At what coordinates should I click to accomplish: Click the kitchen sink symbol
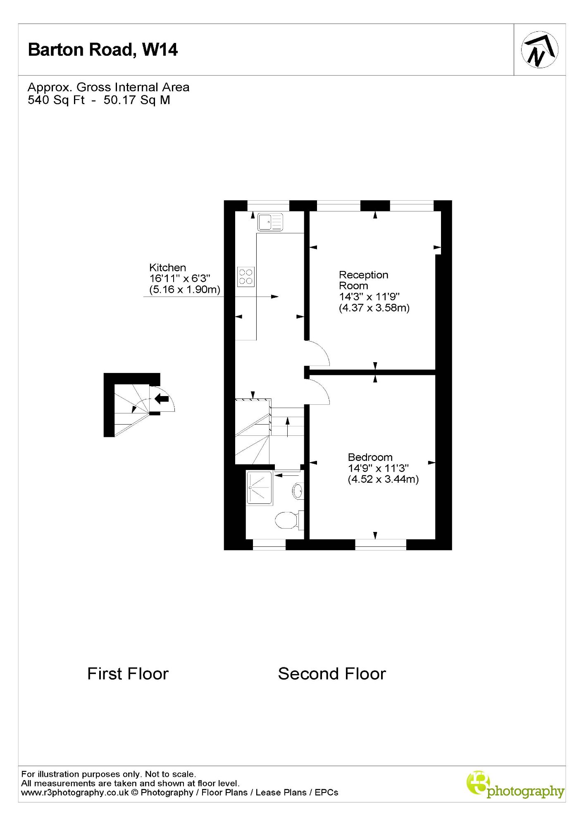pyautogui.click(x=270, y=222)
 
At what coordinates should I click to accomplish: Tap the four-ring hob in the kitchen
pyautogui.click(x=246, y=277)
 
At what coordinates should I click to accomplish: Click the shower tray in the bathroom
pyautogui.click(x=260, y=488)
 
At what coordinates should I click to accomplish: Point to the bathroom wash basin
pyautogui.click(x=298, y=491)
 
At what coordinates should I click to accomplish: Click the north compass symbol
pyautogui.click(x=539, y=50)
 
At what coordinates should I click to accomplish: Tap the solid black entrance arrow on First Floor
pyautogui.click(x=162, y=399)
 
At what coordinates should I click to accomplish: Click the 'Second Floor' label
pyautogui.click(x=332, y=674)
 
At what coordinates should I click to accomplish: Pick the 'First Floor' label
pyautogui.click(x=128, y=674)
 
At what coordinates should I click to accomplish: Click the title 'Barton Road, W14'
pyautogui.click(x=103, y=50)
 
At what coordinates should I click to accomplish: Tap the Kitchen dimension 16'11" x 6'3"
pyautogui.click(x=180, y=278)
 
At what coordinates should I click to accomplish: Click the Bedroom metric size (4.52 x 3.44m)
pyautogui.click(x=383, y=479)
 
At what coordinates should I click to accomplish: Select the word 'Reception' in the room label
pyautogui.click(x=364, y=275)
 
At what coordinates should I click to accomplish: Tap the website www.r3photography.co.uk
pyautogui.click(x=75, y=793)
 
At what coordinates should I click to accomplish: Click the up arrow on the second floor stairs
pyautogui.click(x=288, y=427)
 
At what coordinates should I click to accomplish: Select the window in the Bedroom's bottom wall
pyautogui.click(x=381, y=545)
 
